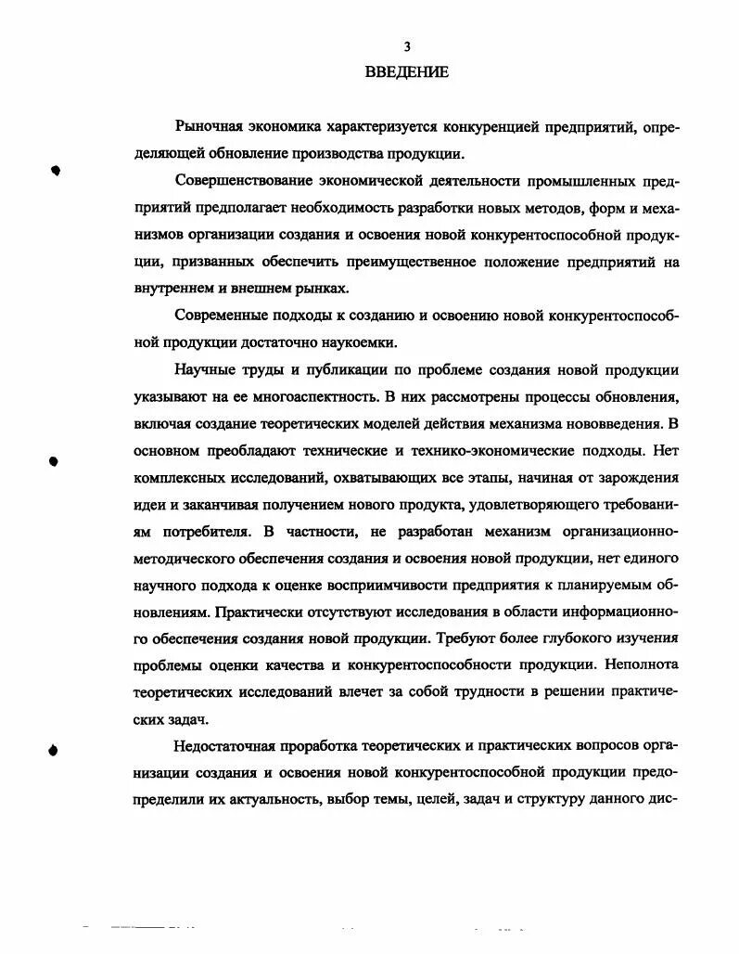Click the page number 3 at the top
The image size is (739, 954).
[x=406, y=47]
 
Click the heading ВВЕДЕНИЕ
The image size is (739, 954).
[x=406, y=71]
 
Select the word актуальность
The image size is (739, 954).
[x=262, y=802]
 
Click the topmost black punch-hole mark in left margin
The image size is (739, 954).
[x=56, y=171]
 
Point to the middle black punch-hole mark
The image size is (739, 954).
[x=54, y=460]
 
